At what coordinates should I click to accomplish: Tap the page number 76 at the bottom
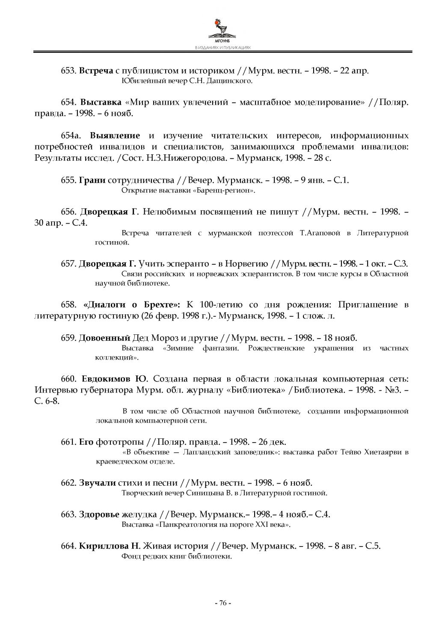pyautogui.click(x=222, y=603)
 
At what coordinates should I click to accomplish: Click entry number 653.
pyautogui.click(x=68, y=71)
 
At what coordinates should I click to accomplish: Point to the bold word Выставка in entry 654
pyautogui.click(x=101, y=103)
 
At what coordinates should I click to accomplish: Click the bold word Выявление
pyautogui.click(x=115, y=136)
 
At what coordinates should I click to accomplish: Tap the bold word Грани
pyautogui.click(x=92, y=180)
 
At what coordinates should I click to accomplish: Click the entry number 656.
pyautogui.click(x=68, y=212)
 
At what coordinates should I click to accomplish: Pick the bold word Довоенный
pyautogui.click(x=104, y=338)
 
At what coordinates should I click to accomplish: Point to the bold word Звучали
pyautogui.click(x=97, y=483)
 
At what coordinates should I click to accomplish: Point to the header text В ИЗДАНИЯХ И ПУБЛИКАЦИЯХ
pyautogui.click(x=222, y=48)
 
